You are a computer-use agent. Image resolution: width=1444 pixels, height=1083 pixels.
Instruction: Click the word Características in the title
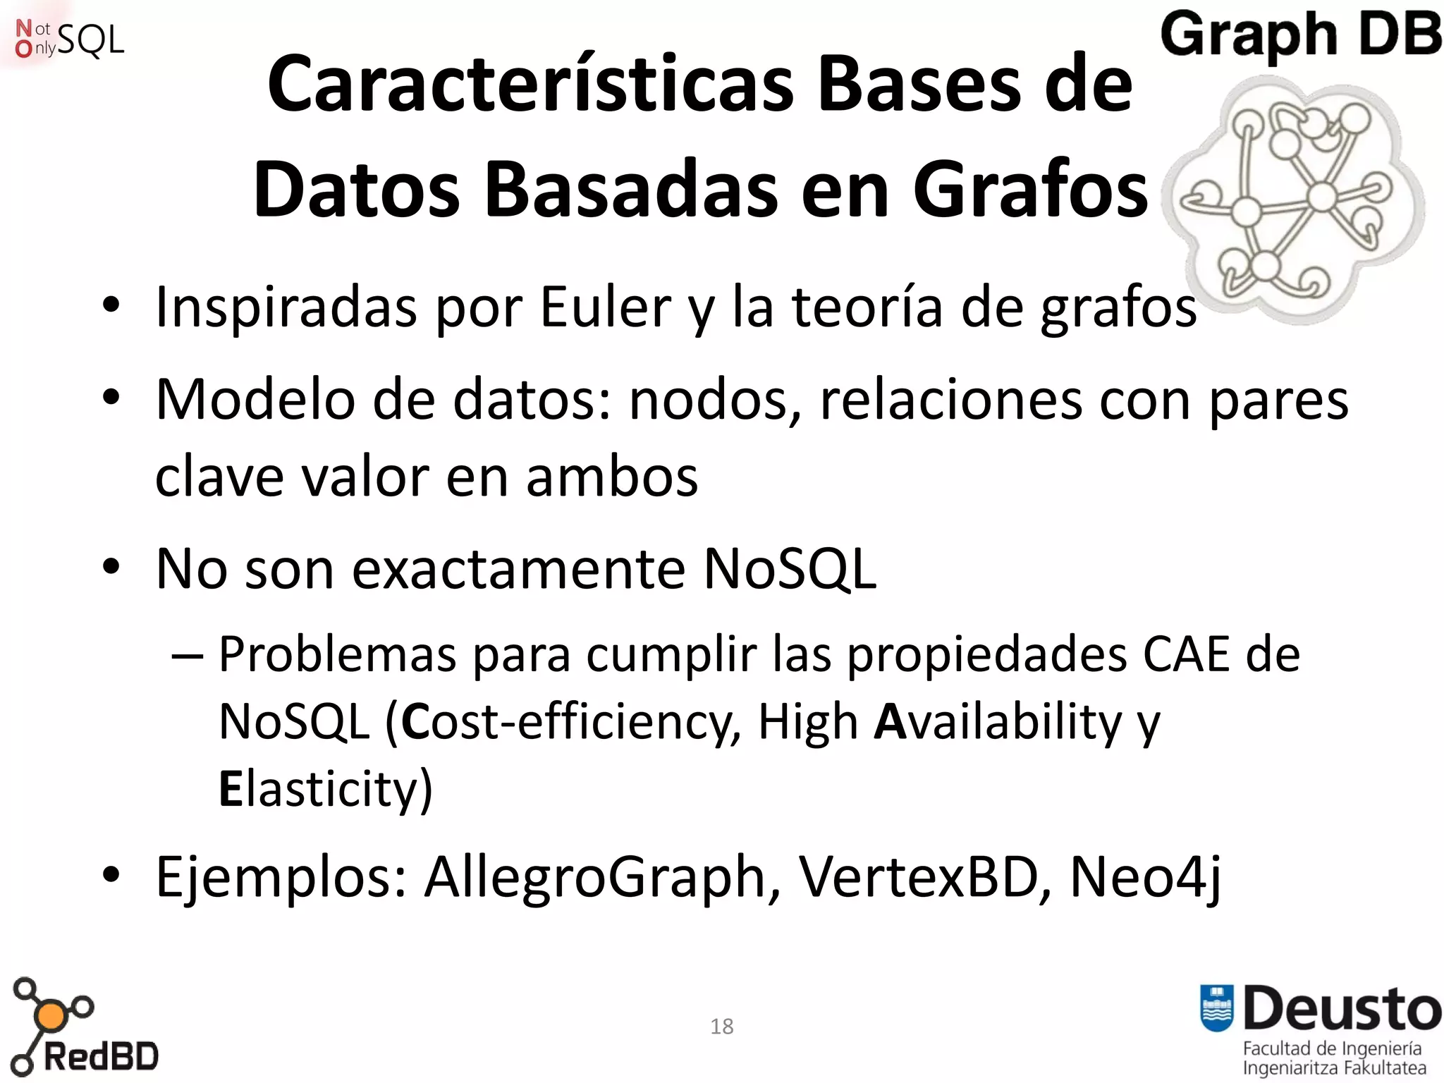pos(530,85)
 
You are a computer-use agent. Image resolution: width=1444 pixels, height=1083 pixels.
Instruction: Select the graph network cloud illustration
pos(1295,201)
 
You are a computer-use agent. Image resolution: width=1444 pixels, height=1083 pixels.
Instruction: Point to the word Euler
pos(605,307)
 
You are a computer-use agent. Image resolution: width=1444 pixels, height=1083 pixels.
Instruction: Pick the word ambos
pos(611,477)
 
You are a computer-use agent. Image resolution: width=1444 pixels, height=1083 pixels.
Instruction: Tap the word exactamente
pos(518,568)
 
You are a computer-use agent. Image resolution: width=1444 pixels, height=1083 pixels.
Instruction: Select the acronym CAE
pos(1186,654)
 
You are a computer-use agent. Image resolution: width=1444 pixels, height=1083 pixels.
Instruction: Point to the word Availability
pos(997,722)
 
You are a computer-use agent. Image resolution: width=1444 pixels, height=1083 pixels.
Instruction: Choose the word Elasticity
pos(325,789)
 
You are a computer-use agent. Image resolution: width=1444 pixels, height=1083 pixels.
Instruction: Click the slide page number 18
pos(721,1027)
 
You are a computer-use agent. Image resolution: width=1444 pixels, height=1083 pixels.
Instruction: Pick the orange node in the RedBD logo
pos(51,1016)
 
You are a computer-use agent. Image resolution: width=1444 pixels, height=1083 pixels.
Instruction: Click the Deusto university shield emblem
pos(1217,1008)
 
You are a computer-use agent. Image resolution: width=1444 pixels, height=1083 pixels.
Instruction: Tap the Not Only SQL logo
pos(69,39)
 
